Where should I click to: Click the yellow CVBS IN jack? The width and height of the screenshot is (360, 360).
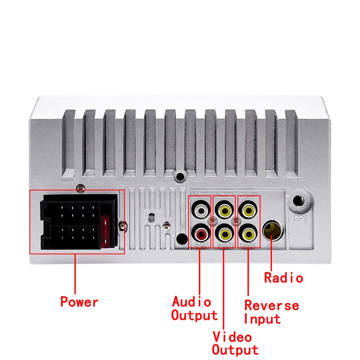[x=247, y=209]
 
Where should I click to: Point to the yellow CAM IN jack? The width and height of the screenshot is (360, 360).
[x=247, y=234]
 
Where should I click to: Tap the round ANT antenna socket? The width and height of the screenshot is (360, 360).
[x=273, y=230]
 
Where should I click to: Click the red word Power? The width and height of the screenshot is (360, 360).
[x=79, y=301]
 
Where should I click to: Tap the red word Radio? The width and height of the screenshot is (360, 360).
[x=283, y=278]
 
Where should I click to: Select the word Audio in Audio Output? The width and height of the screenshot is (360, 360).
[x=191, y=301]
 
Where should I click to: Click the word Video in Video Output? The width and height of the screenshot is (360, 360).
[x=232, y=336]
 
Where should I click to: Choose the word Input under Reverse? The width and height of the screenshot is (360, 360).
[x=262, y=319]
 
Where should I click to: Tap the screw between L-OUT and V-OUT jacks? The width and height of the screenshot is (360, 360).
[x=212, y=221]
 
